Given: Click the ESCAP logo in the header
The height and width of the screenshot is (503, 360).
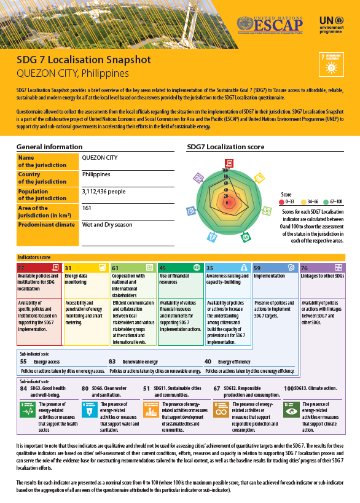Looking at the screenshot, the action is (274, 24).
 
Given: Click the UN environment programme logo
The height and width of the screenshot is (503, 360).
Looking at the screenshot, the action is (334, 24).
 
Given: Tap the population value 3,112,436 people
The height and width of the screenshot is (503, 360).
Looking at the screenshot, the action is (103, 192).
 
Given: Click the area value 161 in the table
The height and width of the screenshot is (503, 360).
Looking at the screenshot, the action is (87, 208).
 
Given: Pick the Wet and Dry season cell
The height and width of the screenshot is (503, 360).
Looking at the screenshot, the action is (107, 225).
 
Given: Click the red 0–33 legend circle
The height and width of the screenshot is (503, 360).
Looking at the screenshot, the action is (281, 201).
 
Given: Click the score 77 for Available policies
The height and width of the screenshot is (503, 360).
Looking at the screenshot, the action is (21, 268).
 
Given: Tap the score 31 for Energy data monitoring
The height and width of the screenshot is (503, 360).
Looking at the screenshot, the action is (68, 268).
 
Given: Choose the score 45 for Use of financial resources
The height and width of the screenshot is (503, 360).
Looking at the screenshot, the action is (163, 268).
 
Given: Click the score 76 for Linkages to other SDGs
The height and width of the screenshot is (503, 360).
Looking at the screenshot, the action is (305, 268).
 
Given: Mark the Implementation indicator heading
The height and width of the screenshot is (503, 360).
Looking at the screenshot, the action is (269, 276).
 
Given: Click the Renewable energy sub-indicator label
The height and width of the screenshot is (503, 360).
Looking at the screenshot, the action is (140, 362).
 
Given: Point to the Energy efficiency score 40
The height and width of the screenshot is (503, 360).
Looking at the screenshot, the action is (208, 362).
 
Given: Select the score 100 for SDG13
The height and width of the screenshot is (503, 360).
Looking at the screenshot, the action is (288, 389).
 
